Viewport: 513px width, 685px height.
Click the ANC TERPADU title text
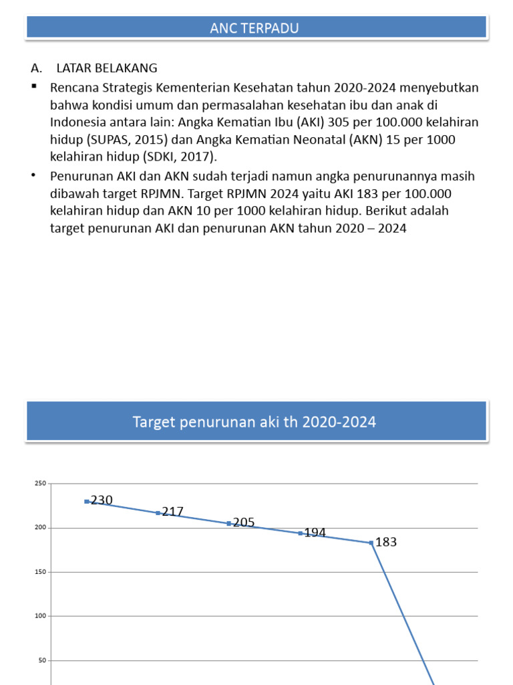pyautogui.click(x=254, y=27)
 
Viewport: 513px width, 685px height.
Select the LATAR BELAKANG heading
pyautogui.click(x=107, y=68)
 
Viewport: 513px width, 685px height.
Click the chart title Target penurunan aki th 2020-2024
pyautogui.click(x=254, y=422)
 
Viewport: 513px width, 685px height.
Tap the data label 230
pyautogui.click(x=102, y=500)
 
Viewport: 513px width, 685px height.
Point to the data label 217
pyautogui.click(x=172, y=511)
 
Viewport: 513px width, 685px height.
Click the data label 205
pyautogui.click(x=244, y=522)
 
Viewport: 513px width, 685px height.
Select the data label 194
pyautogui.click(x=315, y=532)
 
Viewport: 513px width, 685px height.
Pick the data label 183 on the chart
pyautogui.click(x=386, y=542)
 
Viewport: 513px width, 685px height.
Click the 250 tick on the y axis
pyautogui.click(x=40, y=484)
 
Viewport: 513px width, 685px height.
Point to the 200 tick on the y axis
pyautogui.click(x=40, y=528)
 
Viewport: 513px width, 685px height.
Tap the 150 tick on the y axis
pyautogui.click(x=40, y=572)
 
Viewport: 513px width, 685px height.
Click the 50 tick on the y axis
pyautogui.click(x=42, y=660)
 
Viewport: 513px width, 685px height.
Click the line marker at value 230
pyautogui.click(x=87, y=501)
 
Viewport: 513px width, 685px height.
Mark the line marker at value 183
pyautogui.click(x=371, y=543)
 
